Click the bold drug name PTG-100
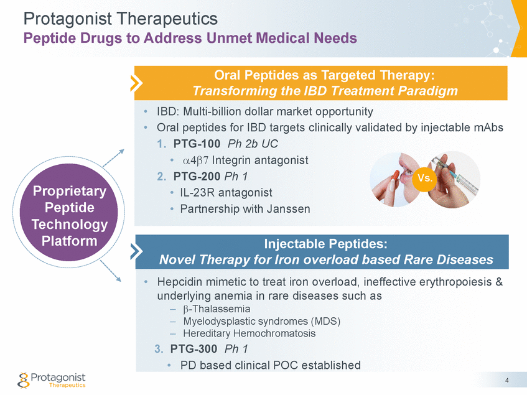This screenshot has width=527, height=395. tap(197, 144)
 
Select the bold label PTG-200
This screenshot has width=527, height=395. tap(197, 176)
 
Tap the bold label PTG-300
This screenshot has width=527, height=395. tap(194, 349)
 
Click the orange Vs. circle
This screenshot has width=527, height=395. tap(425, 178)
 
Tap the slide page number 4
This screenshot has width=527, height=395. tap(507, 380)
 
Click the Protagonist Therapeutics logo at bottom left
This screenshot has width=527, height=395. tap(52, 380)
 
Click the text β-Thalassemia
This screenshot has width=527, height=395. tap(217, 309)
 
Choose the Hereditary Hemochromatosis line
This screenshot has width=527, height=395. tap(249, 333)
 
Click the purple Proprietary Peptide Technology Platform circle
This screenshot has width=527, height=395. tap(69, 212)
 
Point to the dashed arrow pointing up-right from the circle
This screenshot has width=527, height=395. tap(114, 158)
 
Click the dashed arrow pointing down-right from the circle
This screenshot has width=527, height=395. tap(111, 271)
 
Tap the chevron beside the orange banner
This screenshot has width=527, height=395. tap(136, 83)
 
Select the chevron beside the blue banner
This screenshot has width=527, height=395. tap(136, 251)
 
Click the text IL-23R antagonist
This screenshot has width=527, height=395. tap(226, 193)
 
